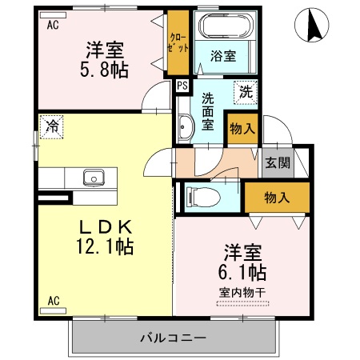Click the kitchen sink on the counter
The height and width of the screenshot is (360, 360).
tap(90, 177)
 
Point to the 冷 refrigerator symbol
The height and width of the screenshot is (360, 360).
tap(52, 125)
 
